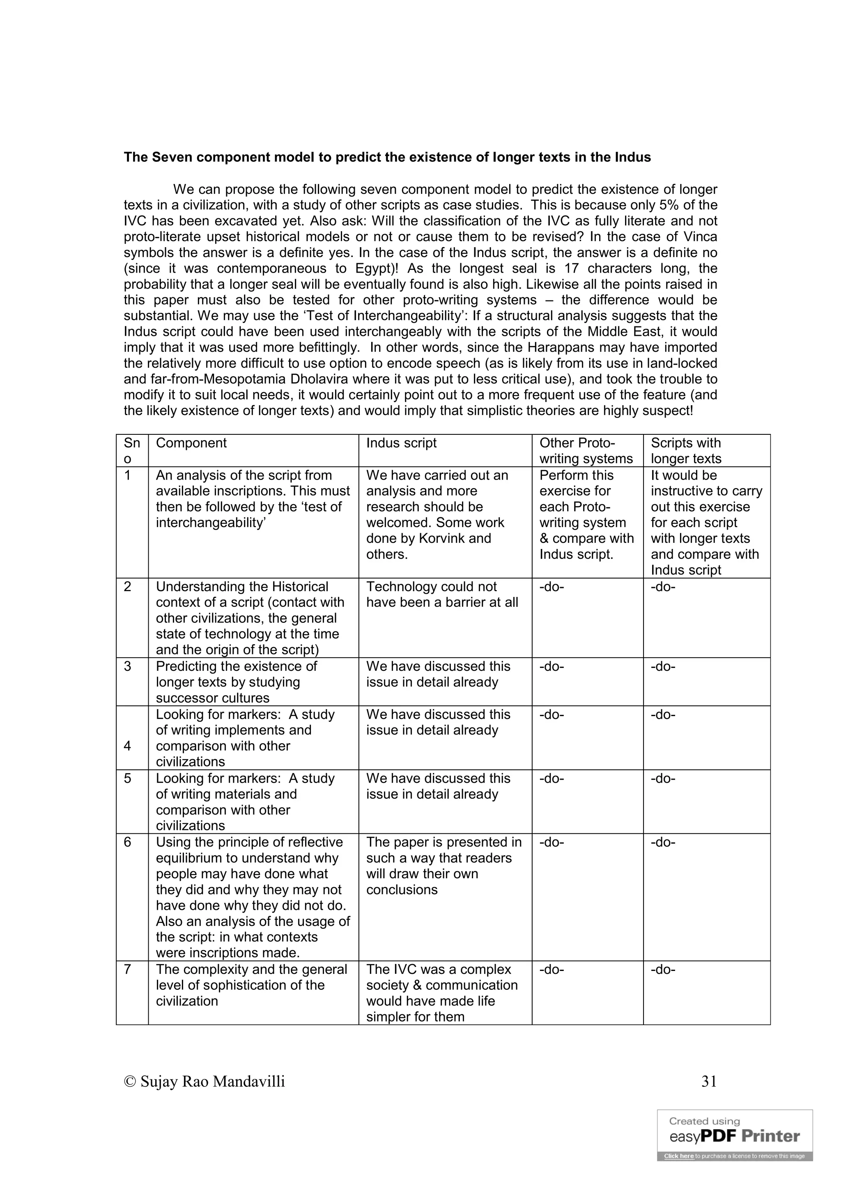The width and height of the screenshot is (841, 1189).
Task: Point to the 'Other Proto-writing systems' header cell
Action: (x=586, y=450)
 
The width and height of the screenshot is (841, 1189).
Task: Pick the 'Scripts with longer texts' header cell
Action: (x=686, y=450)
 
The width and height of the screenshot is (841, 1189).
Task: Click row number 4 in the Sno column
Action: (x=127, y=746)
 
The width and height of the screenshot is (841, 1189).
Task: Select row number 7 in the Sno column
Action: (x=127, y=969)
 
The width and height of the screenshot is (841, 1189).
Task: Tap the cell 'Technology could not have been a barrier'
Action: (x=442, y=594)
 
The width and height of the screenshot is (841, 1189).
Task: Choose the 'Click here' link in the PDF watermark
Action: (x=678, y=1156)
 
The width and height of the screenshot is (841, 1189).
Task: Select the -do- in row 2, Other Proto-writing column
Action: (x=551, y=587)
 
